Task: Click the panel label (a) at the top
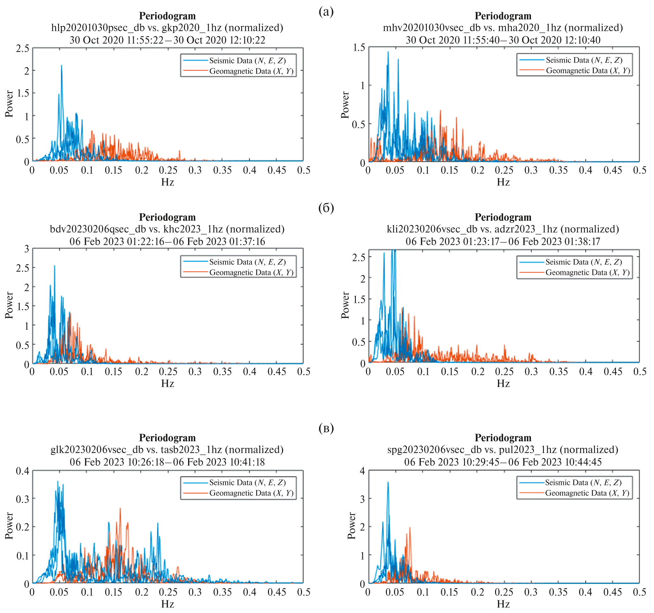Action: pos(326,12)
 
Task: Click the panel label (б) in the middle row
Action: pos(326,208)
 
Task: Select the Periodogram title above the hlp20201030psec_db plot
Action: pos(167,16)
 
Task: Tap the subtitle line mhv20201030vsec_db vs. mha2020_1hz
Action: pos(503,28)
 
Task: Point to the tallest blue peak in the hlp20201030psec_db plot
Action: pos(61,66)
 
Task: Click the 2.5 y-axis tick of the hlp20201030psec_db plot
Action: pos(23,48)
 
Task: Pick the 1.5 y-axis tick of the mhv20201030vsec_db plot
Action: pos(359,47)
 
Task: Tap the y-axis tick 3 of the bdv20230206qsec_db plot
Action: pos(26,249)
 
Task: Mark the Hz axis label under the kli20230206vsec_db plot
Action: pos(503,383)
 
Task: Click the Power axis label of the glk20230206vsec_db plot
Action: pos(9,525)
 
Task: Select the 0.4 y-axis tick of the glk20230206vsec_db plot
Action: pos(23,471)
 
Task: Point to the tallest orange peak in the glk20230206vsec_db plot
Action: pos(120,509)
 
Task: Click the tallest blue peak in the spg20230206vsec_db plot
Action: pos(388,483)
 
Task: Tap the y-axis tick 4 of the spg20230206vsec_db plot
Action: pos(362,471)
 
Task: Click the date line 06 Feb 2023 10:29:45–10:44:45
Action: pos(503,462)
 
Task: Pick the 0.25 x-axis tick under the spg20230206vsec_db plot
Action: pos(504,592)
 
